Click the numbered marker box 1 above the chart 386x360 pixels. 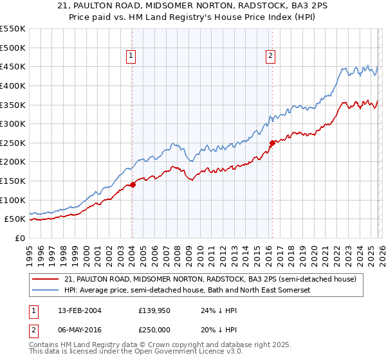[131, 57]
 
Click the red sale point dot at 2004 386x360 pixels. [133, 184]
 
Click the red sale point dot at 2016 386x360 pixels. [271, 143]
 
